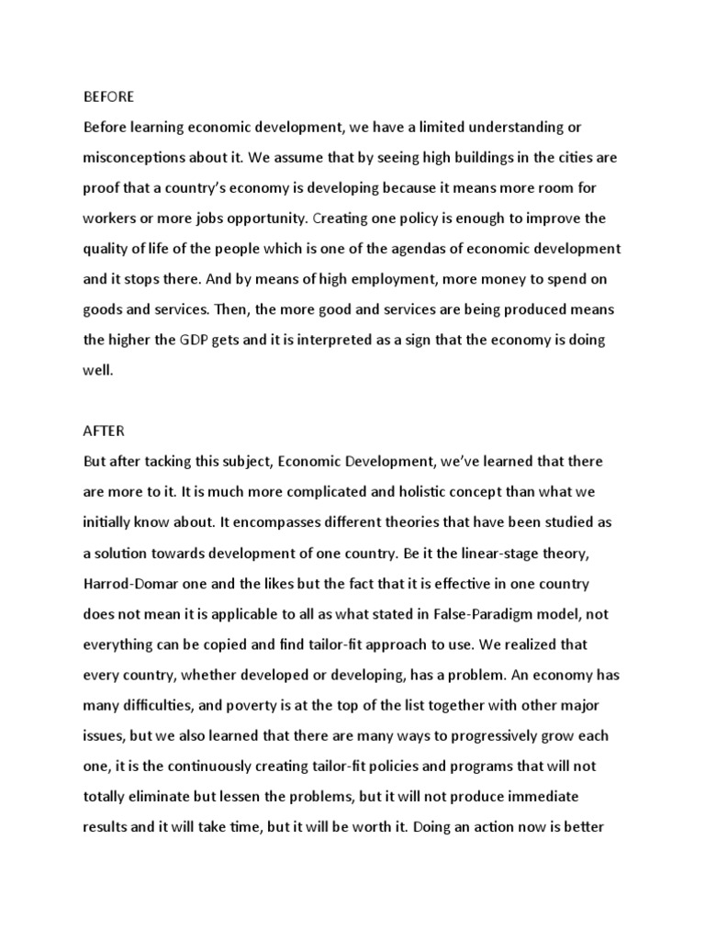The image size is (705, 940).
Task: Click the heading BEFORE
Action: (108, 96)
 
